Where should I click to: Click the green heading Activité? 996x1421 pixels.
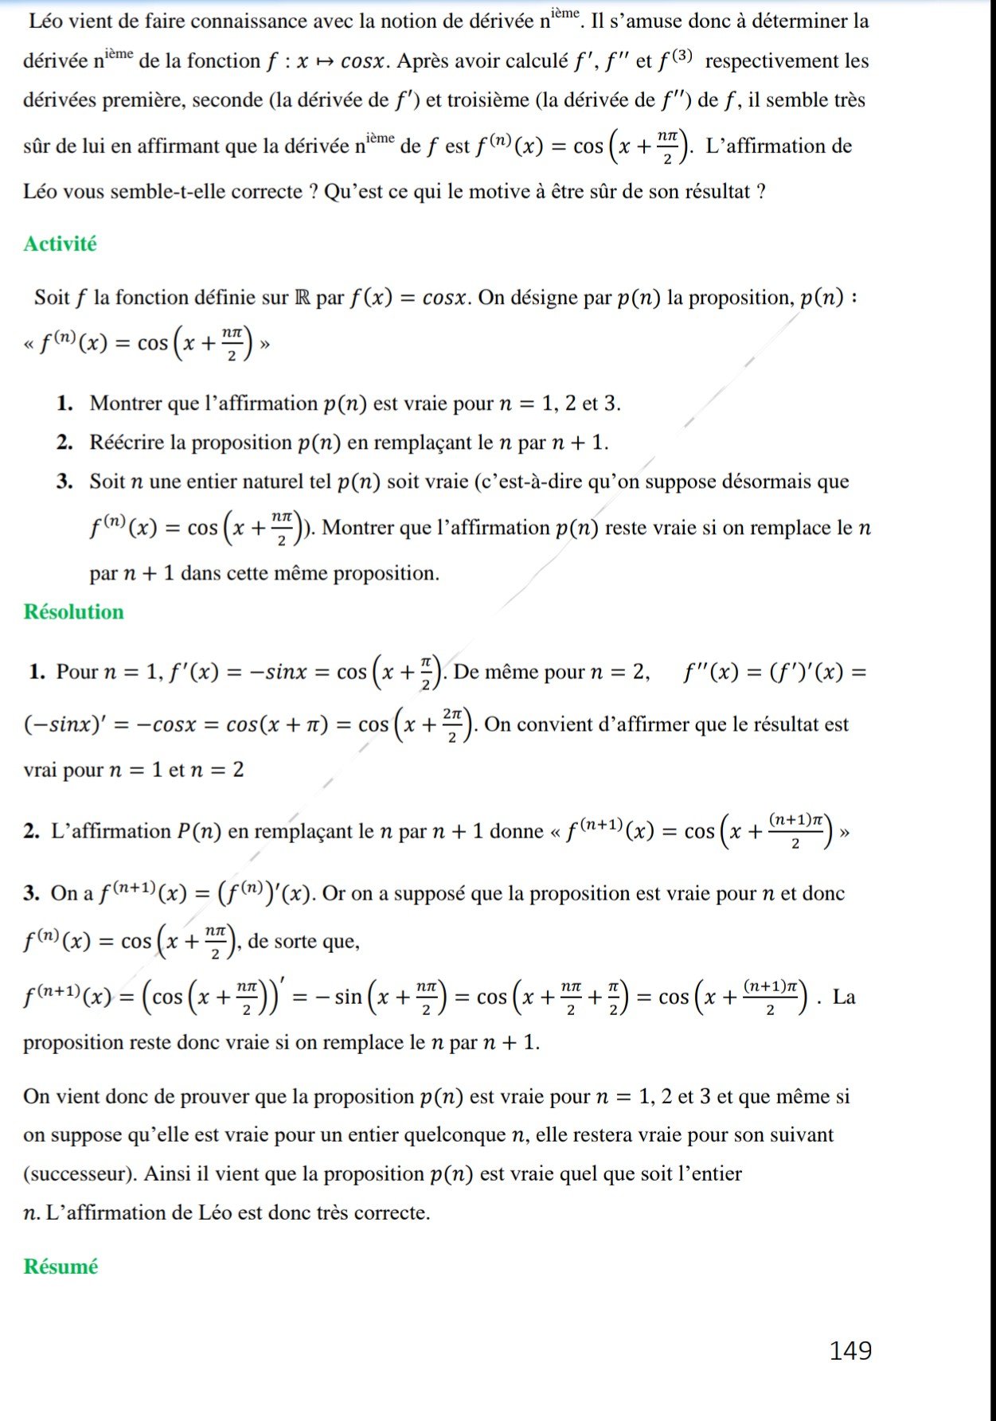coord(60,244)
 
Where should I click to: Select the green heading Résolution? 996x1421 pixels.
coord(73,611)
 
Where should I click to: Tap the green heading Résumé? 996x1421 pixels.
coord(61,1266)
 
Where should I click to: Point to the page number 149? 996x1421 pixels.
coord(850,1350)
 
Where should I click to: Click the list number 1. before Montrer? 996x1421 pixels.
coord(64,404)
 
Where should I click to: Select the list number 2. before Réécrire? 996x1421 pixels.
coord(64,443)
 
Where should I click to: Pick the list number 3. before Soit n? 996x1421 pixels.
coord(64,482)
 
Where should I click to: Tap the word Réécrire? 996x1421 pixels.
coord(127,443)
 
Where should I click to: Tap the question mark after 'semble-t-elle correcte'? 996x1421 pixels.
coord(313,192)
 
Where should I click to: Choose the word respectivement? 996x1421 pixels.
coord(774,61)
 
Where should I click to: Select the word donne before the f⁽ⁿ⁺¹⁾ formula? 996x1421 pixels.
coord(516,832)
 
